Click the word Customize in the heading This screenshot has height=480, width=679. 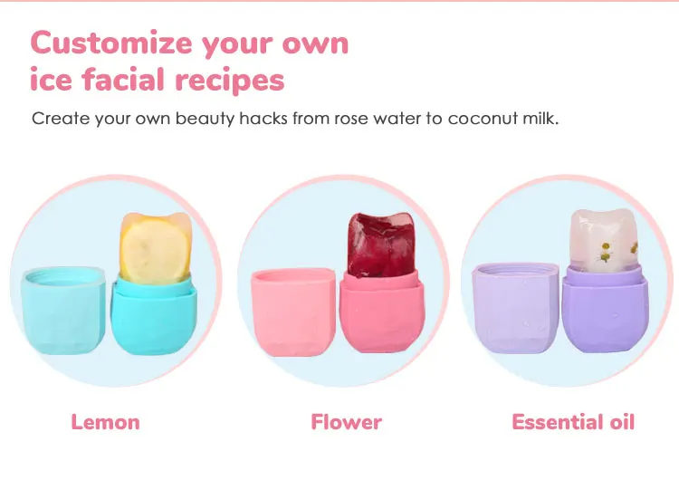pyautogui.click(x=111, y=43)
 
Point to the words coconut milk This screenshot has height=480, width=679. pyautogui.click(x=502, y=119)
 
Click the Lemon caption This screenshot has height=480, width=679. pyautogui.click(x=105, y=422)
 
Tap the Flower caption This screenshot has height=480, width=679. pyautogui.click(x=347, y=422)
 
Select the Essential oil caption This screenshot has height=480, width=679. pyautogui.click(x=573, y=422)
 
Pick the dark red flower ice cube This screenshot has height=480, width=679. pyautogui.click(x=381, y=245)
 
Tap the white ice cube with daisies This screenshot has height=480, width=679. pyautogui.click(x=604, y=241)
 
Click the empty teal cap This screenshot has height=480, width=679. pyautogui.click(x=62, y=310)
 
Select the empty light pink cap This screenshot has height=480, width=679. pyautogui.click(x=293, y=312)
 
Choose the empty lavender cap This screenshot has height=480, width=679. pyautogui.click(x=516, y=308)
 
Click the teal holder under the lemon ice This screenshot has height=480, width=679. pyautogui.click(x=154, y=315)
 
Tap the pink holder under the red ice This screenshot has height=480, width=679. pyautogui.click(x=381, y=311)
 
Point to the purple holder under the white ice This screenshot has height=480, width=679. pyautogui.click(x=605, y=309)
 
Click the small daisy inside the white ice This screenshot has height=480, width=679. pyautogui.click(x=605, y=252)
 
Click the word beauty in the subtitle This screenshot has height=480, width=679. pyautogui.click(x=205, y=120)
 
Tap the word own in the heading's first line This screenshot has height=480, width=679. pyautogui.click(x=315, y=44)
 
